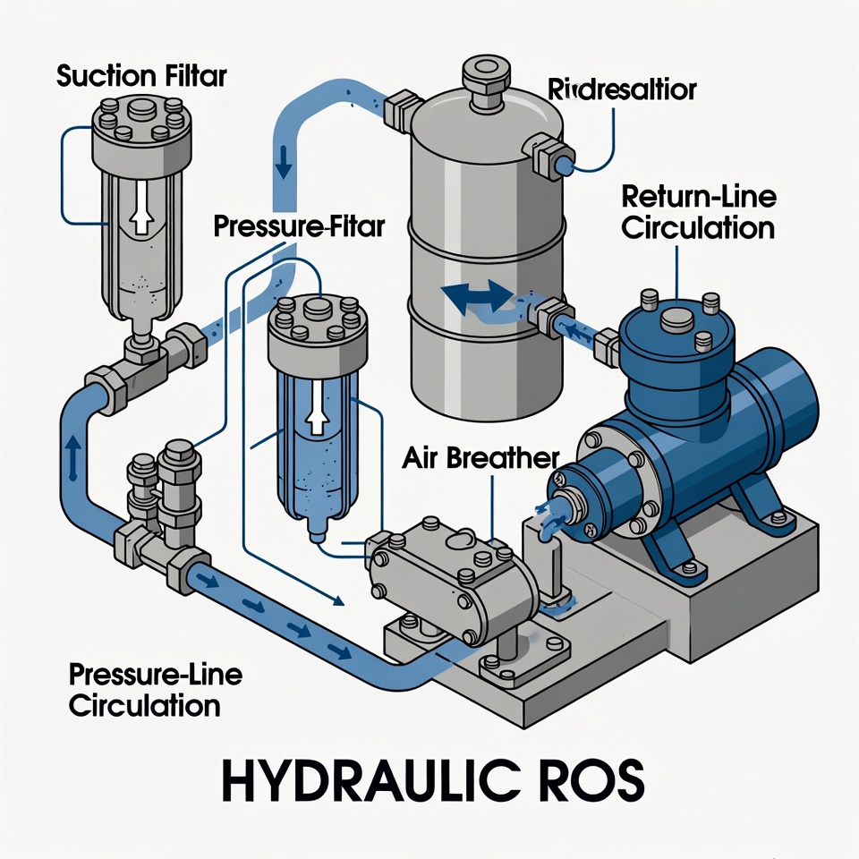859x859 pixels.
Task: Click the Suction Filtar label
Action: pos(141,75)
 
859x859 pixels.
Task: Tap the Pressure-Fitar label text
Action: pos(299,226)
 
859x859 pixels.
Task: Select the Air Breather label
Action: pos(480,459)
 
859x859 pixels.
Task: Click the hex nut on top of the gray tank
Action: pos(485,72)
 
